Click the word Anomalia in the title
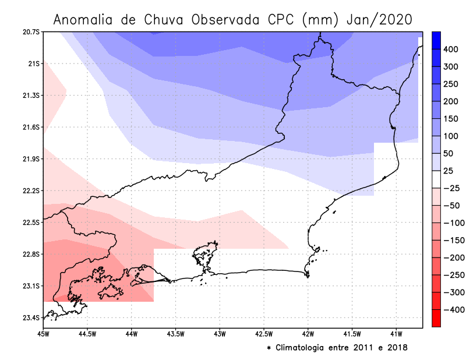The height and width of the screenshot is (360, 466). tap(87, 19)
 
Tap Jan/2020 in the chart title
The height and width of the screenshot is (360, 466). tap(379, 19)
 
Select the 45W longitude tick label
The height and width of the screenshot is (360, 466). tap(43, 334)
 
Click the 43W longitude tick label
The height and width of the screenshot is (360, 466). tap(220, 334)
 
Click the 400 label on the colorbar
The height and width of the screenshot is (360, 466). tap(451, 50)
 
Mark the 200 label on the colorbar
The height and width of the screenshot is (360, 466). tap(451, 102)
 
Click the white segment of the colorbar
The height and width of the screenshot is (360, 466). tap(436, 179)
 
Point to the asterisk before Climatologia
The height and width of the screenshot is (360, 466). tap(269, 348)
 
